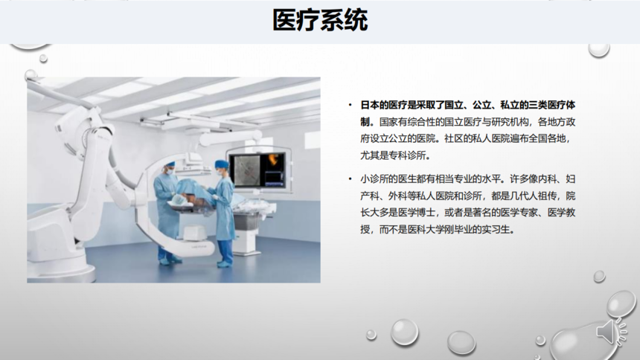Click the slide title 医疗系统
pos(321,20)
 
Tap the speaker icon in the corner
pos(611,332)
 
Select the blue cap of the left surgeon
pos(170,164)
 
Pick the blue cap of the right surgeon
pos(222,164)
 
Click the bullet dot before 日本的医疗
pos(351,106)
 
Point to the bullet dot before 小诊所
pos(351,179)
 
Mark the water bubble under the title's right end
pos(599,50)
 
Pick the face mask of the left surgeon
pos(170,171)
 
